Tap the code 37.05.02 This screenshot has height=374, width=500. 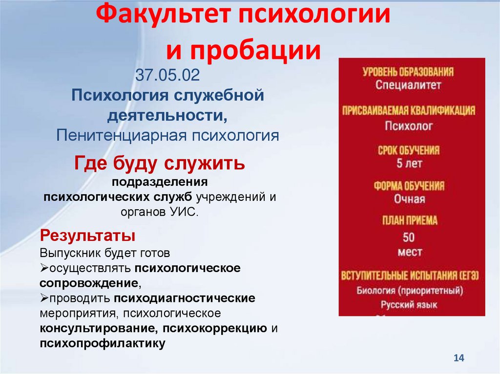pyautogui.click(x=167, y=77)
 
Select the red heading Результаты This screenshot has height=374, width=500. pyautogui.click(x=87, y=236)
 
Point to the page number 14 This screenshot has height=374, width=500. pyautogui.click(x=458, y=358)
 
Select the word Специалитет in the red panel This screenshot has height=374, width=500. pyautogui.click(x=409, y=85)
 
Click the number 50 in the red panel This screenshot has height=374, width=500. pyautogui.click(x=409, y=238)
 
